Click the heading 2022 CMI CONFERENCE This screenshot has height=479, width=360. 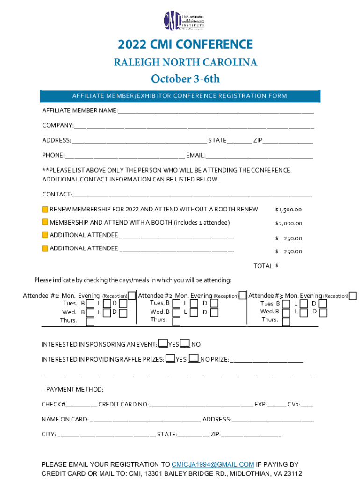click(x=185, y=44)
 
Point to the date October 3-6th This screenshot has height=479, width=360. click(x=185, y=79)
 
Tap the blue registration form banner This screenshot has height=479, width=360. click(x=180, y=96)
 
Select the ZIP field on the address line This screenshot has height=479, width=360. click(x=288, y=141)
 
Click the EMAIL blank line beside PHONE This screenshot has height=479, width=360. click(x=259, y=156)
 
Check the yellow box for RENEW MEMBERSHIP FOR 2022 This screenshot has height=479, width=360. click(x=45, y=210)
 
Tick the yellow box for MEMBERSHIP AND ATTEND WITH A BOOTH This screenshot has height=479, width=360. click(x=45, y=222)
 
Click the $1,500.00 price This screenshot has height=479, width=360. click(x=288, y=210)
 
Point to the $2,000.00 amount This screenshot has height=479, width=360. click(x=288, y=223)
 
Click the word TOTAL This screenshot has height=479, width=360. click(x=263, y=266)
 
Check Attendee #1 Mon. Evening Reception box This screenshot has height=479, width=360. click(x=132, y=296)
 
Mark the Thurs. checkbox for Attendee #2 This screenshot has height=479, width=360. click(x=176, y=322)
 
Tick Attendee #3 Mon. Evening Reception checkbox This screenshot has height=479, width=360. click(x=353, y=296)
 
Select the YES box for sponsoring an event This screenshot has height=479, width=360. click(x=163, y=344)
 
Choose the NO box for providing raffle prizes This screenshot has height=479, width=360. click(x=194, y=359)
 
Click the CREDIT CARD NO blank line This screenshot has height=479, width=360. click(x=201, y=405)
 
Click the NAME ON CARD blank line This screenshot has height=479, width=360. click(x=145, y=420)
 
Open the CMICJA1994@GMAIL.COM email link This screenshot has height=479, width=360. click(x=213, y=464)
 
